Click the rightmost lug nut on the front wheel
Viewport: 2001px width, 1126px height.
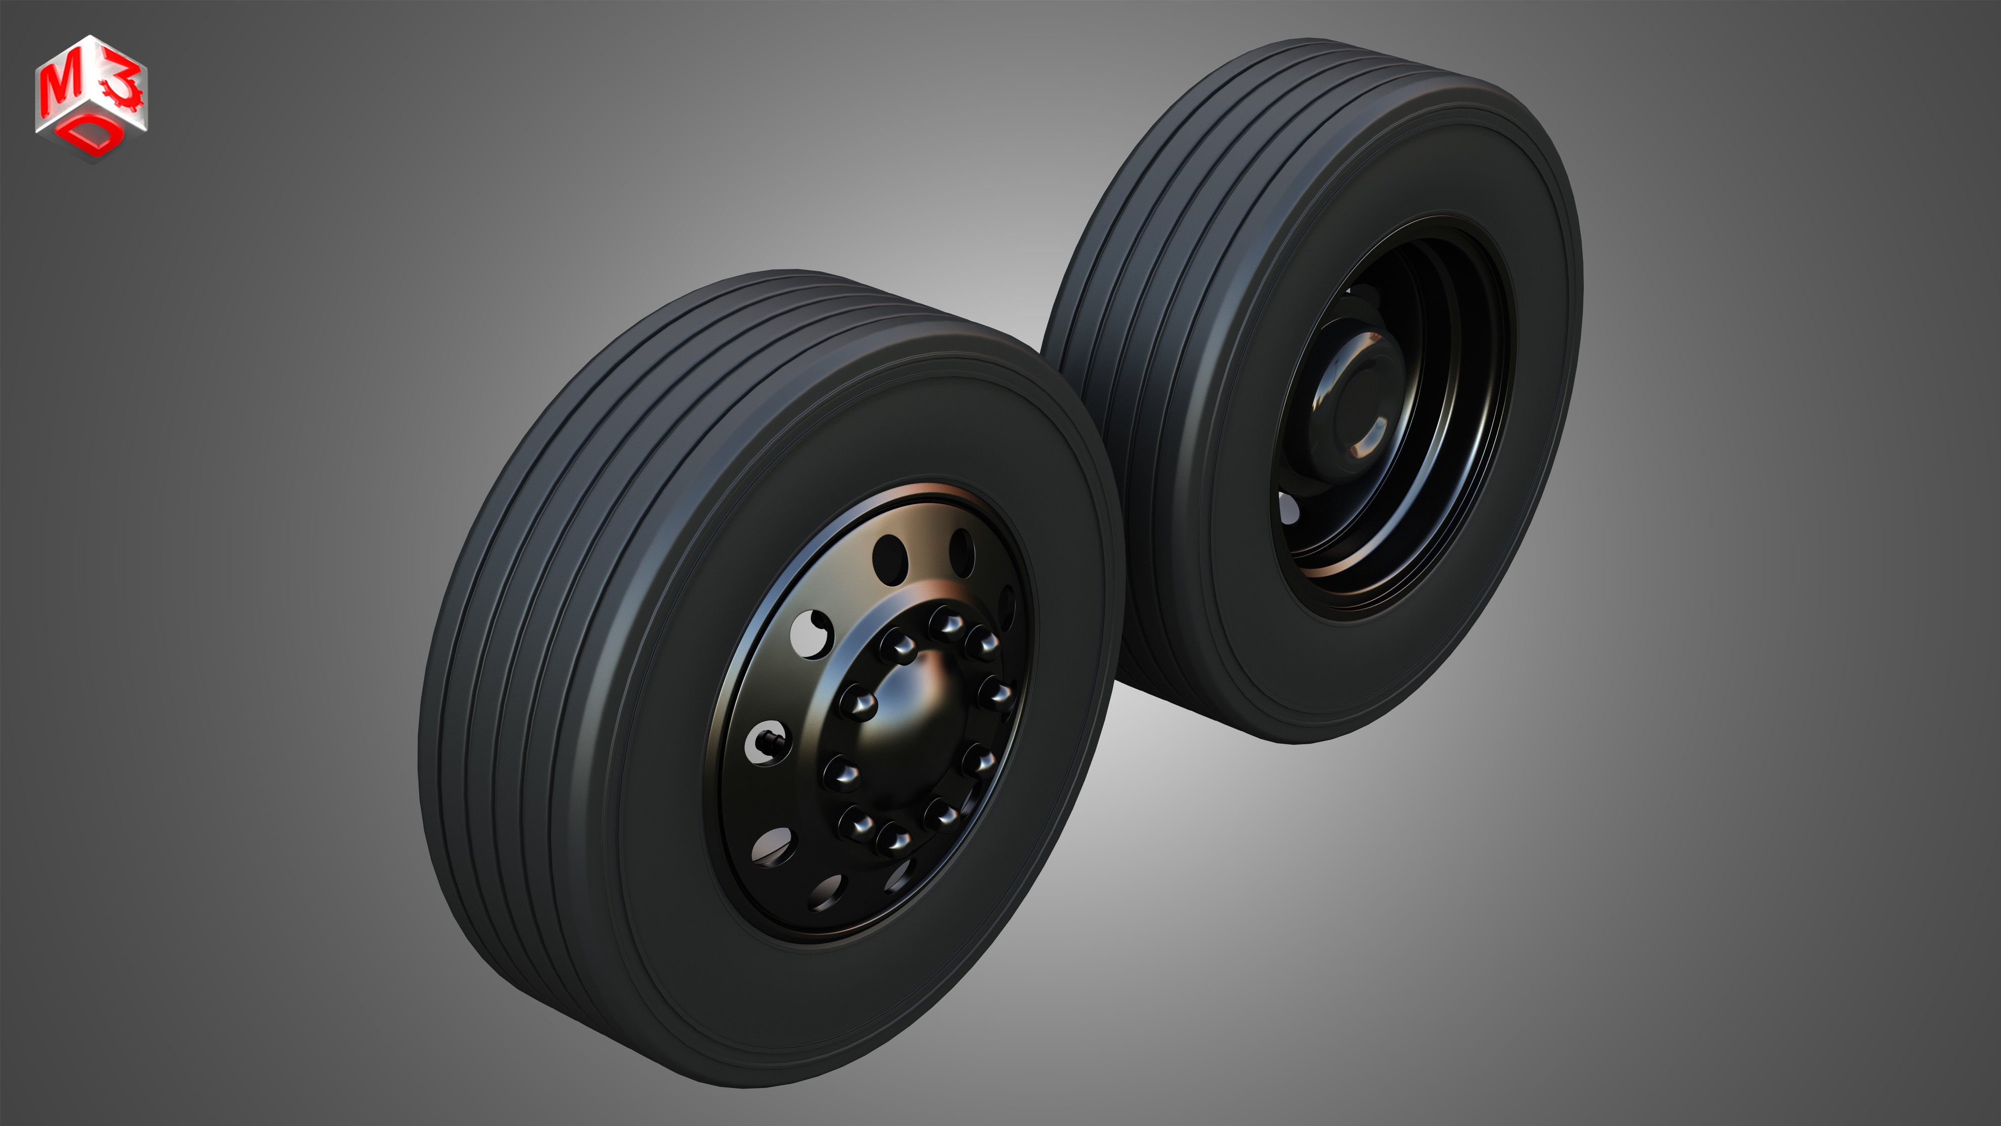coord(995,693)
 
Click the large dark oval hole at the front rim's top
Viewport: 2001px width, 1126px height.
coord(890,559)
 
